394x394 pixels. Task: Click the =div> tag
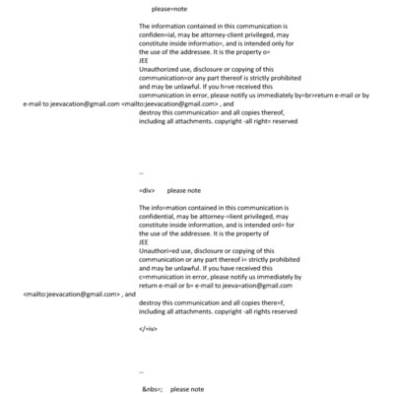(x=148, y=190)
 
